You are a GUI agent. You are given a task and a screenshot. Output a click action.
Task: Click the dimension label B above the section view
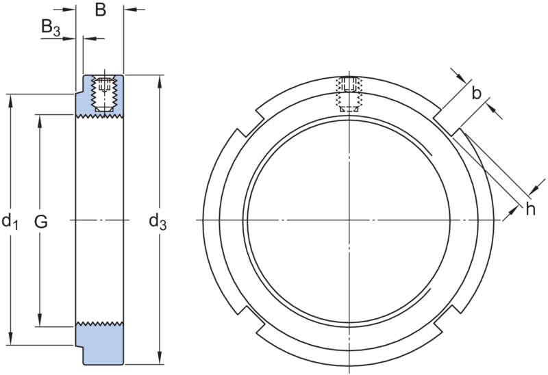coord(100,10)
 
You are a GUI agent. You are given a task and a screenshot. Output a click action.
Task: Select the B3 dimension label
coord(51,29)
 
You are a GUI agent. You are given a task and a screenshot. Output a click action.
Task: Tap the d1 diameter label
coord(10,220)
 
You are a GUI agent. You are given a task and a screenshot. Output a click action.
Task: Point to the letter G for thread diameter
coord(42,221)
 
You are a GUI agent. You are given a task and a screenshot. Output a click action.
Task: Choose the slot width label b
coord(477,94)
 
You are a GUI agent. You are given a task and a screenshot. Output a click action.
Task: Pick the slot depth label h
coord(530,209)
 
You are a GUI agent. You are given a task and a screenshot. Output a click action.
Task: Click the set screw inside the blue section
coord(103,94)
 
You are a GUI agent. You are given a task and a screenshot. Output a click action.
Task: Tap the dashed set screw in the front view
coord(349,94)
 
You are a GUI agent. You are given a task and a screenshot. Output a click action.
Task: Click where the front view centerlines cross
coord(349,220)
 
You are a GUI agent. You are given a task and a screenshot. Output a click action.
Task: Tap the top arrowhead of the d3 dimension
coord(159,80)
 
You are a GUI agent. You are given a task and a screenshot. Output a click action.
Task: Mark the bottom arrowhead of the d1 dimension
coord(10,339)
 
